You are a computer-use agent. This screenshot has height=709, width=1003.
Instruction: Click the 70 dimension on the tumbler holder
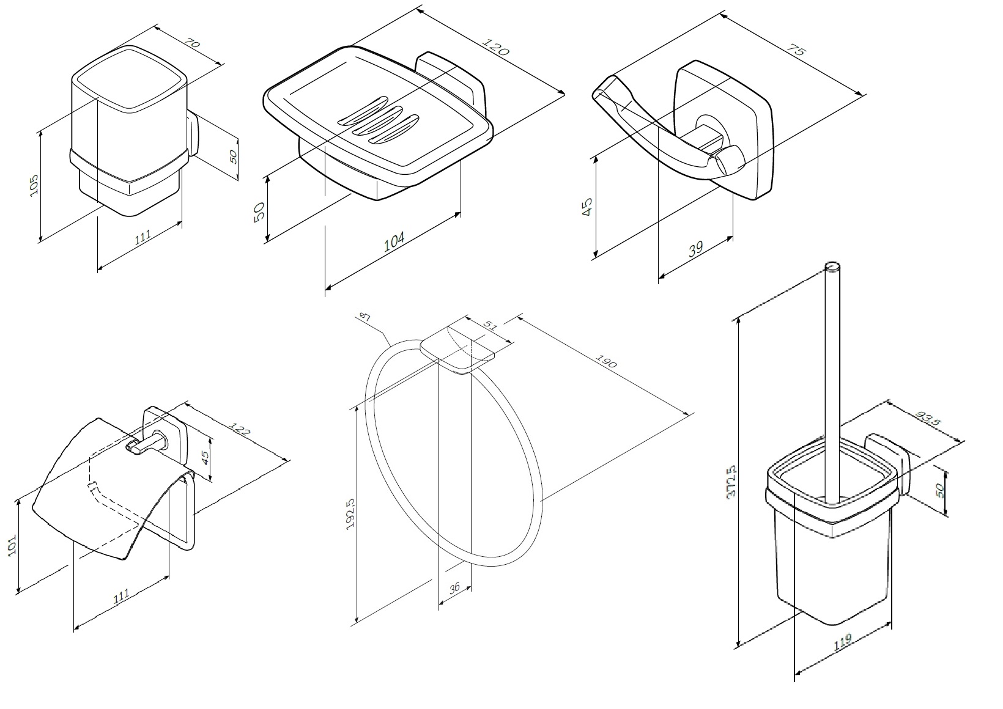pos(193,44)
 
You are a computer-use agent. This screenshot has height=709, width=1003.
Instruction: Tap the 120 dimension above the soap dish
pos(496,47)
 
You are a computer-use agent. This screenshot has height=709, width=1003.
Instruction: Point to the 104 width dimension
pos(394,242)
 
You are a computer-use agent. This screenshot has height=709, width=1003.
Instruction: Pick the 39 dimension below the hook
pos(695,249)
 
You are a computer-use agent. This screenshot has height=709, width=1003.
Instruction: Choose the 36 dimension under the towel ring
pos(454,589)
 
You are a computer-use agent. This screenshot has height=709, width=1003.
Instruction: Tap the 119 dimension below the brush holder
pos(842,643)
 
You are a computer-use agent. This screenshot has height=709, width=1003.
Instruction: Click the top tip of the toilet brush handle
pos(832,266)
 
